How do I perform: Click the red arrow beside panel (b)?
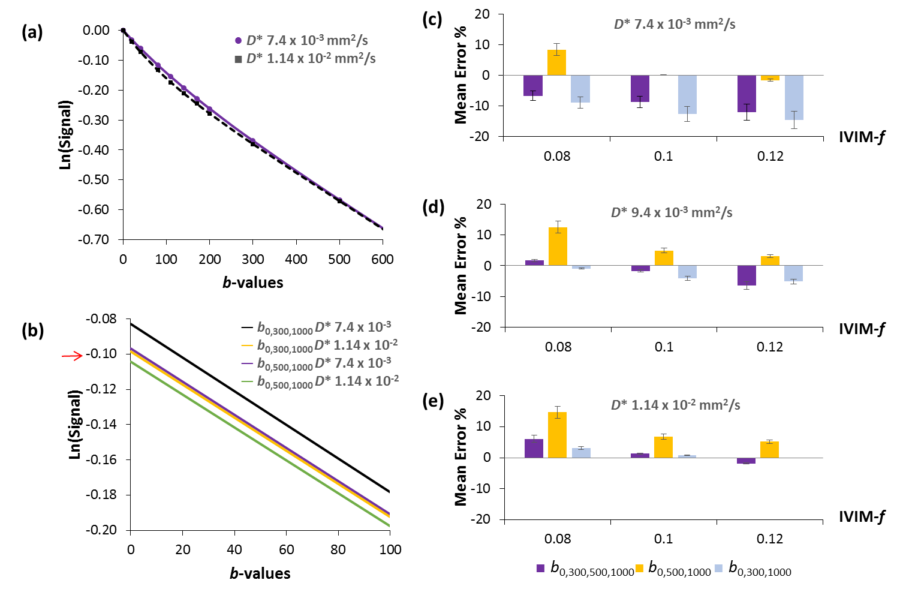click(72, 356)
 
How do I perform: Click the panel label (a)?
click(32, 32)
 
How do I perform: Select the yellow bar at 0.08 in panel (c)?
click(557, 62)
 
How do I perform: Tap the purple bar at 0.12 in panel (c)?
click(747, 94)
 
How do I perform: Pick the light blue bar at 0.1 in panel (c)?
click(687, 94)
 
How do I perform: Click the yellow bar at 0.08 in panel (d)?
click(558, 247)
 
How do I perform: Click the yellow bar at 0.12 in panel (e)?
click(770, 450)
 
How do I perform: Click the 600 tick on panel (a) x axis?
click(383, 259)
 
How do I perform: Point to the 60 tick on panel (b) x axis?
click(287, 549)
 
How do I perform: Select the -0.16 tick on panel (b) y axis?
click(101, 459)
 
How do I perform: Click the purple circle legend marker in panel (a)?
click(238, 41)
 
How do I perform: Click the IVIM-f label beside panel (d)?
click(862, 329)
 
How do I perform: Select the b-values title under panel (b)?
click(260, 573)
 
